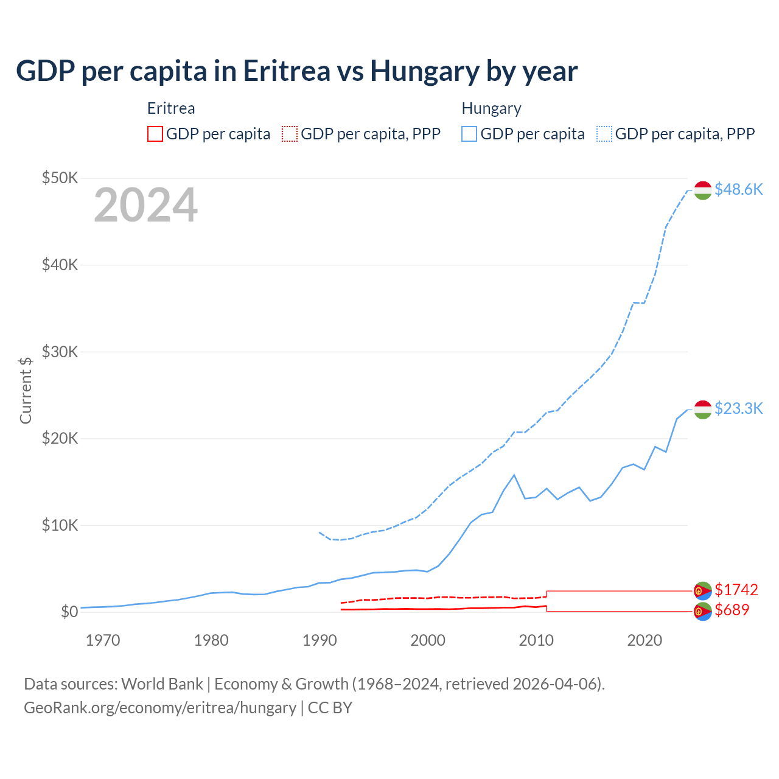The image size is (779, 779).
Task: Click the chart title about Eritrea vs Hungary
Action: [296, 71]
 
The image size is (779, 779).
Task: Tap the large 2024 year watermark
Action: [145, 205]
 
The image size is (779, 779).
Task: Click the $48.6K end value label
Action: [738, 189]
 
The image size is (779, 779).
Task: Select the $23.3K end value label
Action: [738, 408]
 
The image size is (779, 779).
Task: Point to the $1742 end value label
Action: [736, 590]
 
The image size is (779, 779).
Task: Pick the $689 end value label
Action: [732, 610]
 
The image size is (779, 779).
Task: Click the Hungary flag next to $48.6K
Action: [703, 190]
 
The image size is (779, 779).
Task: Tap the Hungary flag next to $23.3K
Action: [703, 410]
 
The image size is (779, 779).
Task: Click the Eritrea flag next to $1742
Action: [703, 590]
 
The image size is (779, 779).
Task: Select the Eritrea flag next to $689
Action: [703, 611]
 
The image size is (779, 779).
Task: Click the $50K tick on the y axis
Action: [60, 178]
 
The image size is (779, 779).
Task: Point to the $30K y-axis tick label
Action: [60, 352]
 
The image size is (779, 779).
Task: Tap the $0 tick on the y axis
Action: [69, 612]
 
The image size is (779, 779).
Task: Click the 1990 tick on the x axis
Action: [320, 640]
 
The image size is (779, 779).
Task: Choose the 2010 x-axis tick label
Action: [536, 640]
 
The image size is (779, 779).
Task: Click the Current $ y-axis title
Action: [26, 390]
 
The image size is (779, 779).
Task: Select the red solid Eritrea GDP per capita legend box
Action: [155, 134]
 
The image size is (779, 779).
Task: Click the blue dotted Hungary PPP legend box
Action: [604, 134]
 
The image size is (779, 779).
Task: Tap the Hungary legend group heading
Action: [491, 108]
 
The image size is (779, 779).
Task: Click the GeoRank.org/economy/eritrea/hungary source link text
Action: [159, 708]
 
